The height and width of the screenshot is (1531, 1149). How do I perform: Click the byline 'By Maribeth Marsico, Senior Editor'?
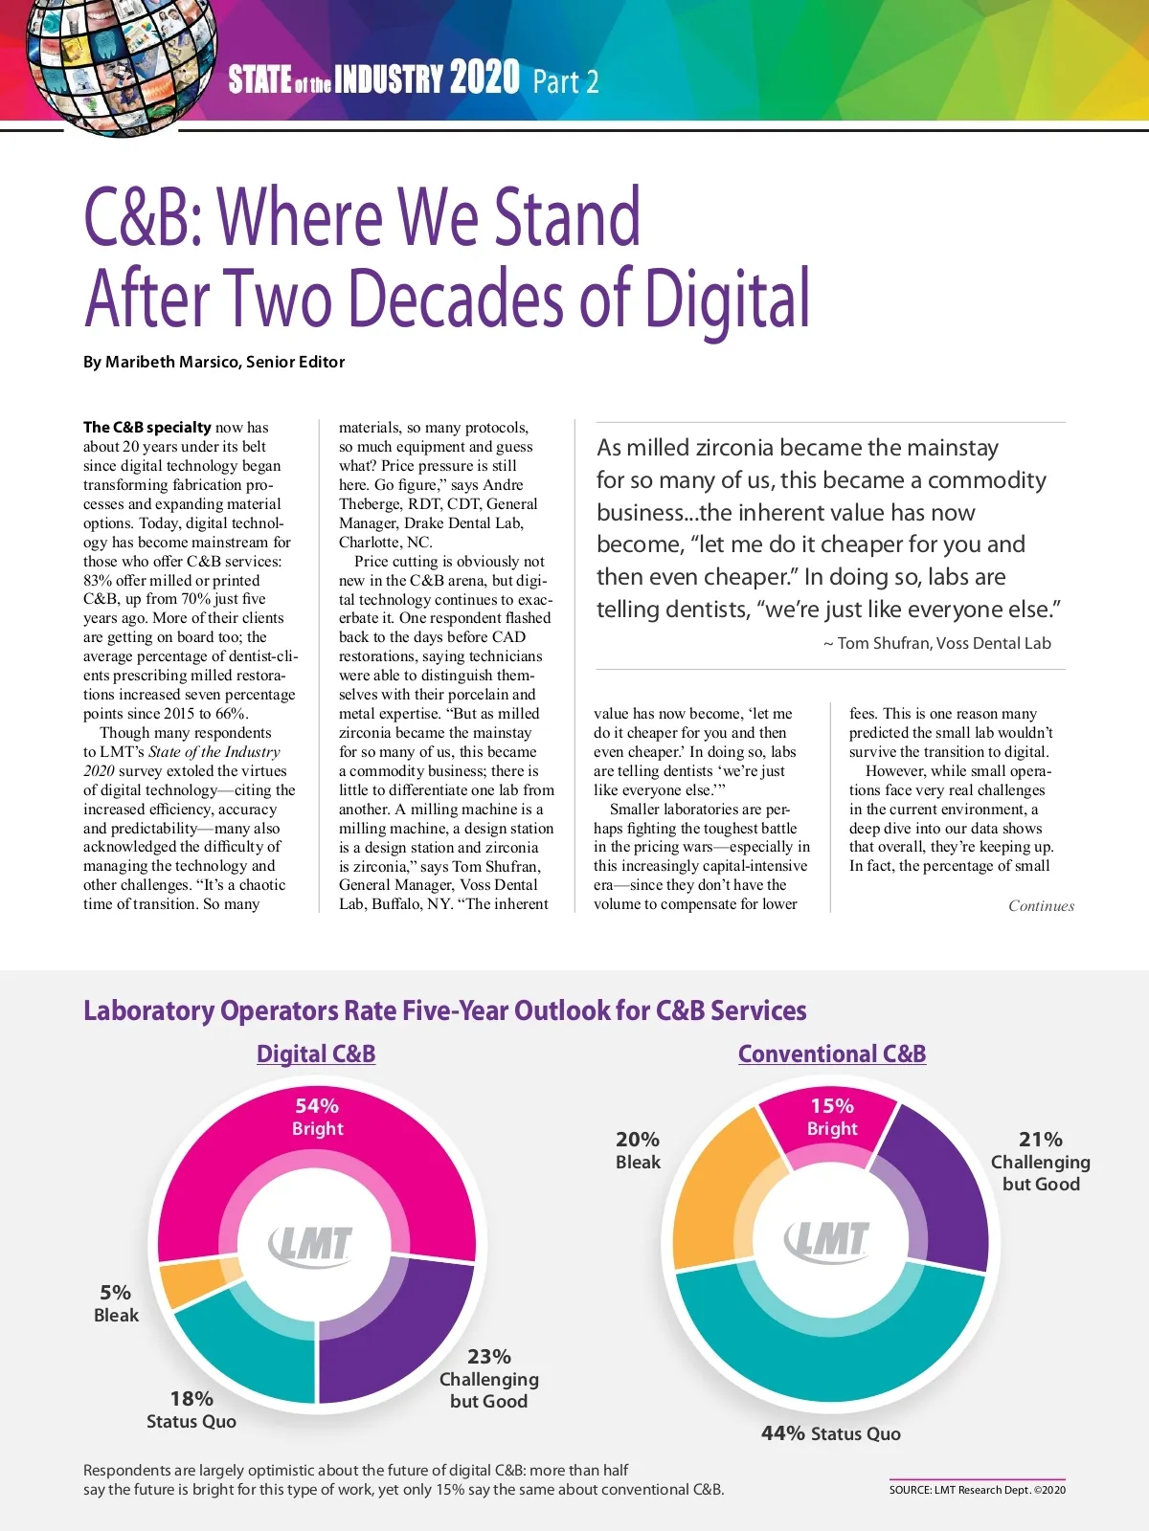point(214,362)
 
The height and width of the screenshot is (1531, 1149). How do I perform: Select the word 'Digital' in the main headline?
point(727,300)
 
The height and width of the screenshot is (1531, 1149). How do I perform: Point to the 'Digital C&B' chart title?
point(316,1054)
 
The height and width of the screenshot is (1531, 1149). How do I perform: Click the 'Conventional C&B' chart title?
point(832,1054)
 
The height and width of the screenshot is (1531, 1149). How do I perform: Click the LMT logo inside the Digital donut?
point(311,1244)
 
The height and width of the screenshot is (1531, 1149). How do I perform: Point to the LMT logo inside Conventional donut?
point(827,1239)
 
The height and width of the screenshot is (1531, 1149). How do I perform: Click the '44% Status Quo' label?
point(830,1433)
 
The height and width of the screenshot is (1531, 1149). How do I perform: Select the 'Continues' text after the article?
point(1041,906)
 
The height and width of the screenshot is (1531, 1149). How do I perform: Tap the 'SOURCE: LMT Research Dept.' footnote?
point(977,1490)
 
